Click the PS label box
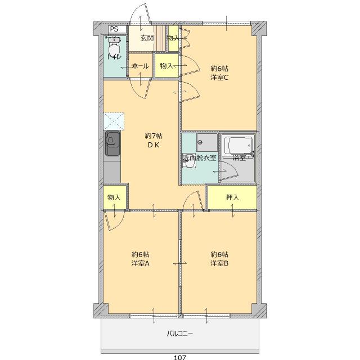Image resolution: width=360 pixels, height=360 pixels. click(x=117, y=29)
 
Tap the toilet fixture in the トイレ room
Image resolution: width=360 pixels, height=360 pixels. click(x=115, y=47)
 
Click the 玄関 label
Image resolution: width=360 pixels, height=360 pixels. click(x=147, y=38)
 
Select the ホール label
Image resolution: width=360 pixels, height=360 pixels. click(x=140, y=66)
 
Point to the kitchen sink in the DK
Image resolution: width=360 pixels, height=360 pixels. click(x=112, y=143)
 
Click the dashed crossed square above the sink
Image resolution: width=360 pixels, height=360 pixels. click(x=114, y=121)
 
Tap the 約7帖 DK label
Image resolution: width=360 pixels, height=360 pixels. click(x=154, y=140)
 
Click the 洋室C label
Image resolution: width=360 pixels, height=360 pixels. click(x=219, y=78)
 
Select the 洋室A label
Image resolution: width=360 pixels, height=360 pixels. click(x=140, y=263)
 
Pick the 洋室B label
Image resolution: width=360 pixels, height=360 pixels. click(x=219, y=263)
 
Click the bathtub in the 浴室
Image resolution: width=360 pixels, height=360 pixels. click(x=239, y=145)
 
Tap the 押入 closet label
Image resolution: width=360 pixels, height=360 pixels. click(x=232, y=197)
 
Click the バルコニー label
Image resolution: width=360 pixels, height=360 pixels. click(x=180, y=334)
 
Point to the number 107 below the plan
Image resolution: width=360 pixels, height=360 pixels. click(x=180, y=357)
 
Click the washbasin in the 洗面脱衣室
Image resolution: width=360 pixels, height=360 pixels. click(x=189, y=161)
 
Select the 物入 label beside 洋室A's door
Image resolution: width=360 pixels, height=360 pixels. click(x=114, y=197)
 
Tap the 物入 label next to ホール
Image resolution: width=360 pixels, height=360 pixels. click(x=166, y=66)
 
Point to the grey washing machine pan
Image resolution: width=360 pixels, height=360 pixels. click(x=207, y=142)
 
